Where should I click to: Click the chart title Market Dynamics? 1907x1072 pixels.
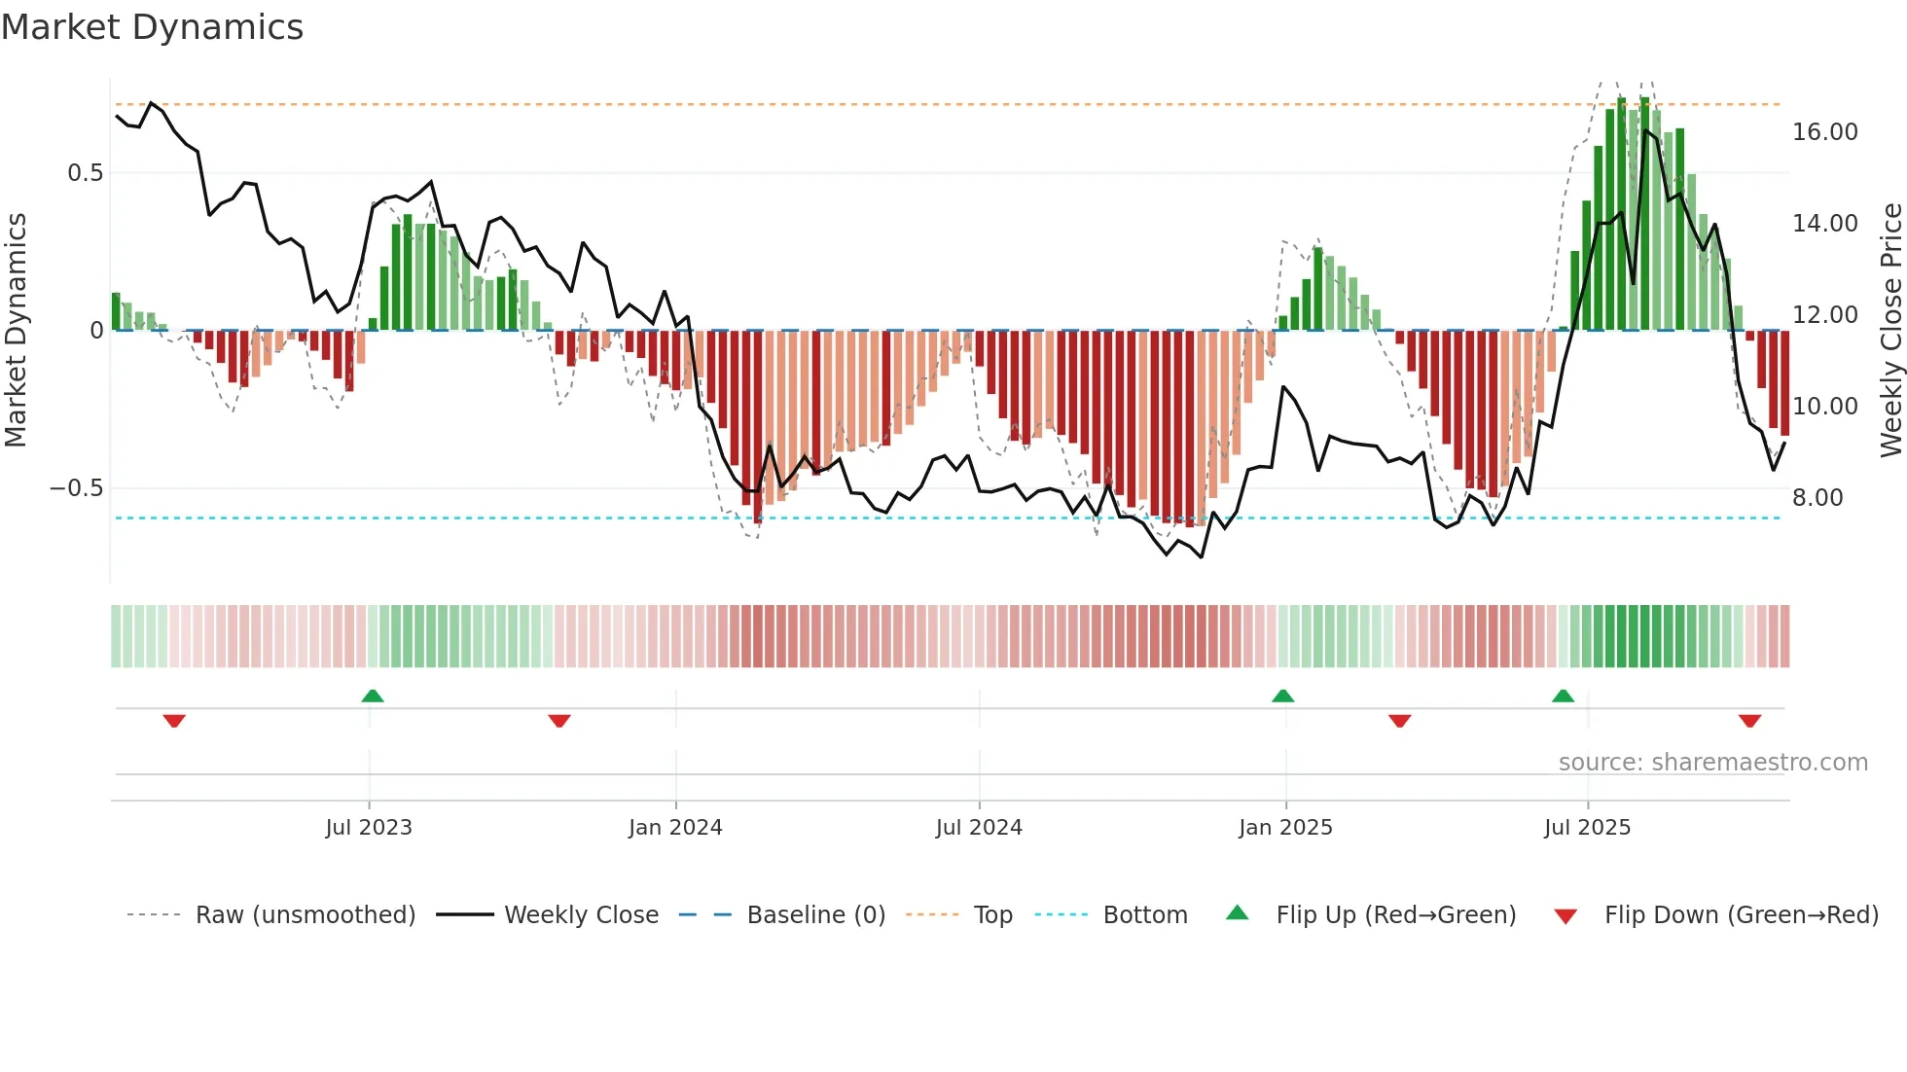[153, 27]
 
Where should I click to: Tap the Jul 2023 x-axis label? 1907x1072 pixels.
[369, 828]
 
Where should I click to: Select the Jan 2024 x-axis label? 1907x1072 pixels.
[675, 828]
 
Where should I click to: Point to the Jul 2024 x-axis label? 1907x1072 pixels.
[979, 828]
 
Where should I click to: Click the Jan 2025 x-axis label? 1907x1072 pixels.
[1285, 828]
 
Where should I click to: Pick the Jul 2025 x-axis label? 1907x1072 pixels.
[1587, 828]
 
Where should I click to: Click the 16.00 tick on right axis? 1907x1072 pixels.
[1824, 132]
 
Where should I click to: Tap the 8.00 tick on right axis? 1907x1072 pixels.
[1817, 498]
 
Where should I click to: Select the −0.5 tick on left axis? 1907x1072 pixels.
[77, 488]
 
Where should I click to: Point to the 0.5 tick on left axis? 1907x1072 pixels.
[85, 173]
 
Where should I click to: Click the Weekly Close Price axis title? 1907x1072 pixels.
[1890, 330]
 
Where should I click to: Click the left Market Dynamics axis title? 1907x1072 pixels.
[16, 330]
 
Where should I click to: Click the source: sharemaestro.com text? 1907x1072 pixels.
[1712, 763]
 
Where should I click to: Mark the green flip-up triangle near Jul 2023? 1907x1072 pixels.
[373, 696]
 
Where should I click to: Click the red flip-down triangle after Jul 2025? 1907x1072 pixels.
[1749, 721]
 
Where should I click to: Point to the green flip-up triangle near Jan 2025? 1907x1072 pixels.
[1282, 696]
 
